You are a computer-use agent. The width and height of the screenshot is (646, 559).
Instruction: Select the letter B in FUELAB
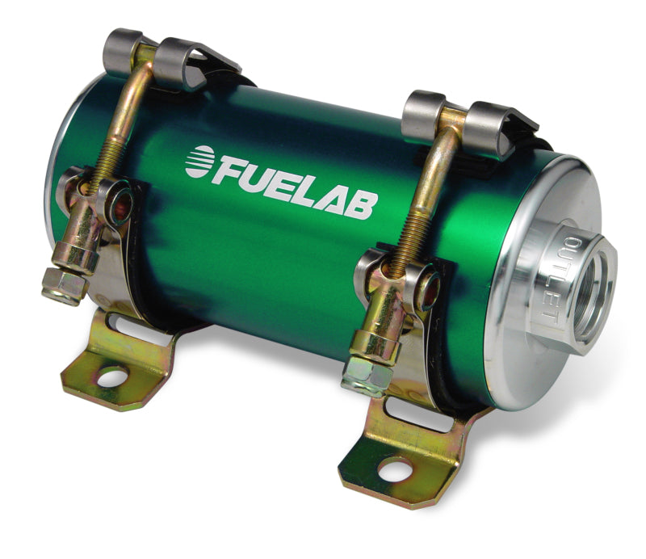(360, 204)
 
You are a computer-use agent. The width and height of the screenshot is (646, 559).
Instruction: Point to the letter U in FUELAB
(261, 179)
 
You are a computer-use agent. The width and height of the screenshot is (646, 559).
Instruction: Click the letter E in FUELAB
(285, 185)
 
